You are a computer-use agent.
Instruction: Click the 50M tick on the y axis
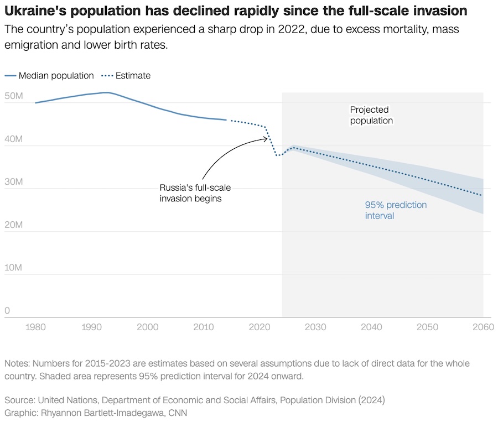tap(13, 97)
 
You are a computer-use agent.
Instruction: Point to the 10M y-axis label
tap(13, 268)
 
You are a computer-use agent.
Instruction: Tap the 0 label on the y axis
tap(7, 311)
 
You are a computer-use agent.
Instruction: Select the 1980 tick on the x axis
tap(35, 327)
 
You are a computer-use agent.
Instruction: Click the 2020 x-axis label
tap(259, 327)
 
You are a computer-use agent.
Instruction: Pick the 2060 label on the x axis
tap(483, 327)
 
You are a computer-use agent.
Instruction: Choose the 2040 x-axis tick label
tap(371, 327)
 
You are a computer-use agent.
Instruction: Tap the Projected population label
tap(371, 115)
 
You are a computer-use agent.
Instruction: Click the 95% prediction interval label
tap(396, 210)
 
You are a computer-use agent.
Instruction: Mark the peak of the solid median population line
tap(106, 92)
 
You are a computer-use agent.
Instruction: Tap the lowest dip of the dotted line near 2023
tap(277, 155)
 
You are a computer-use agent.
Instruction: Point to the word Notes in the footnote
tap(17, 364)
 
